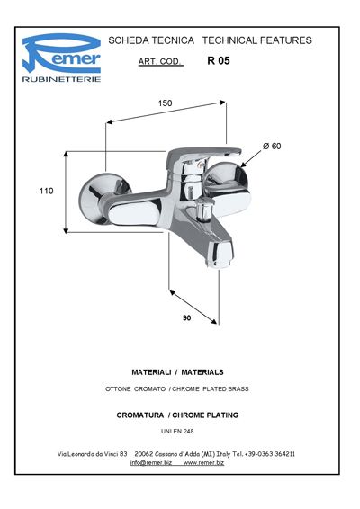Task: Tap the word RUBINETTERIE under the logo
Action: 61,79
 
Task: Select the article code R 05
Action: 219,61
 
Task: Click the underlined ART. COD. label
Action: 160,61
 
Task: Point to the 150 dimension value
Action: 165,103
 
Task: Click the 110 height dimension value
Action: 47,191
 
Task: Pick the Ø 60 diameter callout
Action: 272,146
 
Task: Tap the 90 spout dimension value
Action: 187,317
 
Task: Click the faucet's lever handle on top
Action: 202,154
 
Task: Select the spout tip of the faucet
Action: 220,254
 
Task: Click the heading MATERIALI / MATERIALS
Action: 177,372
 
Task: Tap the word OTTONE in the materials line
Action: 118,388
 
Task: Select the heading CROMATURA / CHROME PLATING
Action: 177,415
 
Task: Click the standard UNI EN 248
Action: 177,432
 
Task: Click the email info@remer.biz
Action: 151,463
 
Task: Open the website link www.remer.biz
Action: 203,463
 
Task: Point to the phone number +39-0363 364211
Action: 270,454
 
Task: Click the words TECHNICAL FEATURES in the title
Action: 257,40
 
